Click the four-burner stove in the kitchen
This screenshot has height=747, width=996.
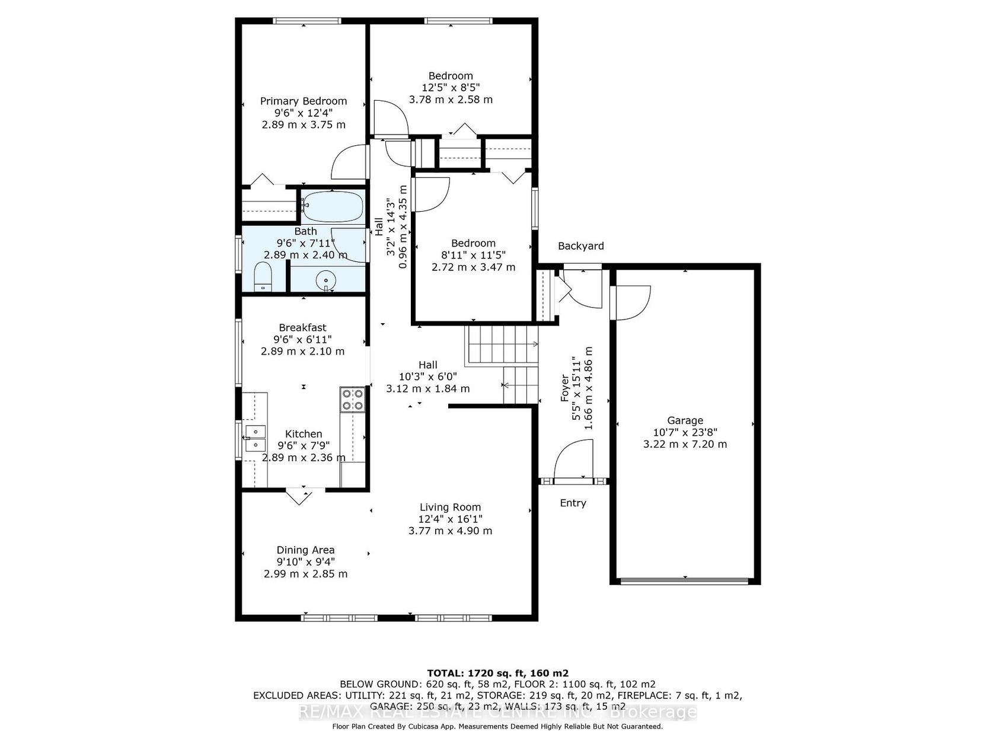click(353, 399)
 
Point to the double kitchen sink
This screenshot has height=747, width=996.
click(255, 438)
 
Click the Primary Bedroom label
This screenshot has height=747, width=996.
click(303, 101)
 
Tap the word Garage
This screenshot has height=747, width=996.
click(685, 420)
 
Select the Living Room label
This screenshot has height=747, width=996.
click(449, 507)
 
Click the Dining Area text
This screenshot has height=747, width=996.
click(305, 550)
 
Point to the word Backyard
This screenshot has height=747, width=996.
click(581, 246)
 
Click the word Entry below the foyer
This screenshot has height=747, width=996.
click(573, 503)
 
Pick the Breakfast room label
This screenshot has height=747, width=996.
click(303, 327)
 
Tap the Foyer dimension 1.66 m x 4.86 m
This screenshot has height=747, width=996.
click(589, 388)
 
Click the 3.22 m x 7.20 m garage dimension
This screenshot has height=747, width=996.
click(685, 444)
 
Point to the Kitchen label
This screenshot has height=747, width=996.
click(303, 434)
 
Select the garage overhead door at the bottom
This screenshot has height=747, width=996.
click(684, 580)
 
